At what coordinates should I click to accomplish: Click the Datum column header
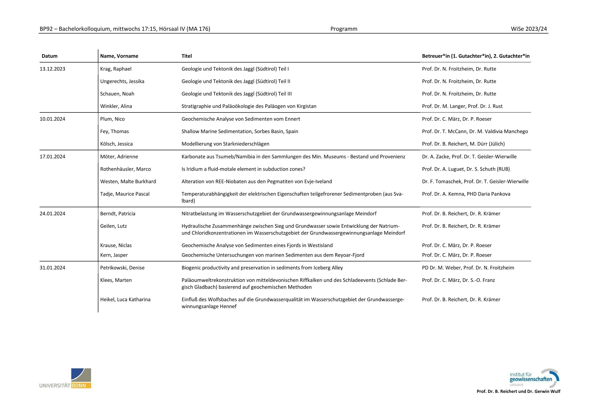coord(50,56)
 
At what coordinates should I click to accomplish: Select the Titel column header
coord(187,56)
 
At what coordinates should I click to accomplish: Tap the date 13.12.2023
coord(52,69)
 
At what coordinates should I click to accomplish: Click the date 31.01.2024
coord(52,267)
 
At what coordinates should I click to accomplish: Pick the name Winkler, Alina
coord(116,106)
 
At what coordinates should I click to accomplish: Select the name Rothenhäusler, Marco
coord(125,169)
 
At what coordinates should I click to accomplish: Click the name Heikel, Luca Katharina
coord(125,300)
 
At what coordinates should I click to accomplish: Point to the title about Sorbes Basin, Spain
coord(240,131)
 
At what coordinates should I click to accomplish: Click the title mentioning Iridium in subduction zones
coord(243,169)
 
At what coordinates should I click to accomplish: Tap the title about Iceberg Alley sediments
coord(262,267)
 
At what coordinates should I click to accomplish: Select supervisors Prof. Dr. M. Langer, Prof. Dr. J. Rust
coord(462,106)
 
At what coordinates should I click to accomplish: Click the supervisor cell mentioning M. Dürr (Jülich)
coord(463,144)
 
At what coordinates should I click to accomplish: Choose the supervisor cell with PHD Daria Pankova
coord(466,194)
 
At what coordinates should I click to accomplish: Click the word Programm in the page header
coord(344,29)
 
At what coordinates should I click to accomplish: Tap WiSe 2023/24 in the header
coord(529,29)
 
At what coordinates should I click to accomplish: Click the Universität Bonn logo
coord(65,378)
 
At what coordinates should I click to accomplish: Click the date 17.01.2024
coord(52,157)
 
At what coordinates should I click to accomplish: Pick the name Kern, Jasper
coord(114,255)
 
